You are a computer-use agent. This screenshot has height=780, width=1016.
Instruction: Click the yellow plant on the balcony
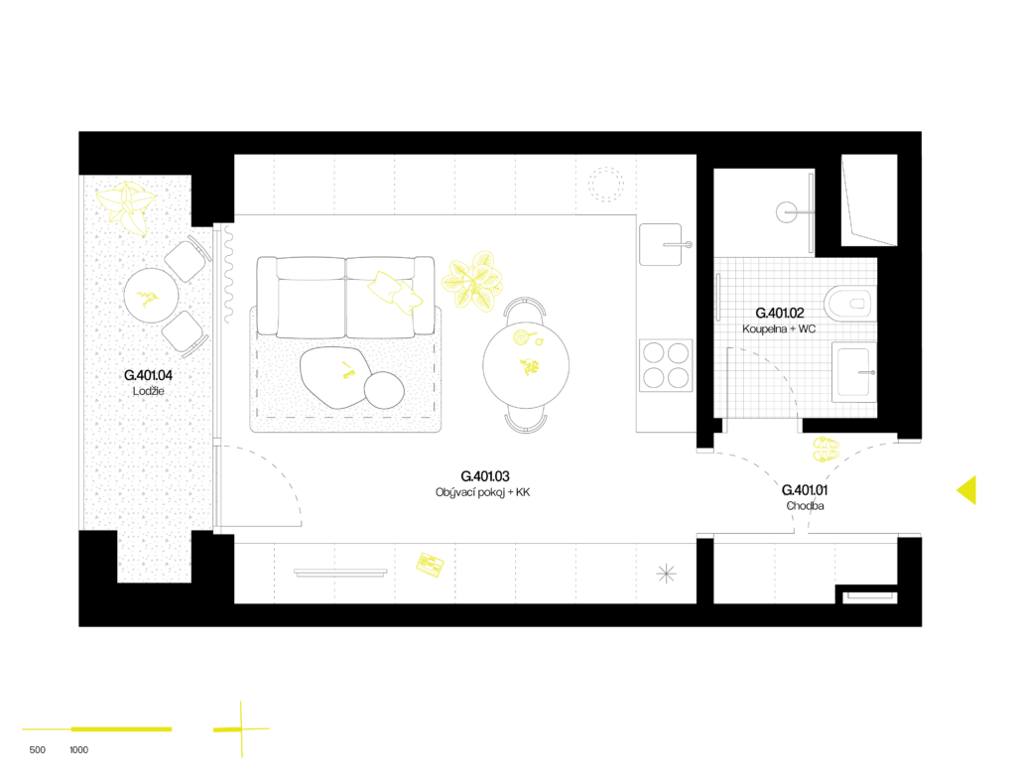127,206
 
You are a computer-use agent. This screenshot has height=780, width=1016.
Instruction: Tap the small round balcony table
151,295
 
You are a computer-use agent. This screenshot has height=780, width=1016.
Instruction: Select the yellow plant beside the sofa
473,282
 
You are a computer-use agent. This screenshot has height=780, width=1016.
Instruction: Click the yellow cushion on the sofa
395,292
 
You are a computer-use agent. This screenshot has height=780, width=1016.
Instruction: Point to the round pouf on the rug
384,390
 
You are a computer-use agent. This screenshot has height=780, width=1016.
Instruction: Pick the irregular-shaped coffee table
332,375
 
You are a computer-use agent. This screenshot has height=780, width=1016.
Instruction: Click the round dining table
526,365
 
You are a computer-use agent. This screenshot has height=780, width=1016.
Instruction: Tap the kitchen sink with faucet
662,244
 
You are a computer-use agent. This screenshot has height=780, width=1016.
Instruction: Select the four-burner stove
666,365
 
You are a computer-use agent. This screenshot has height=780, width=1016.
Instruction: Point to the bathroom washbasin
853,372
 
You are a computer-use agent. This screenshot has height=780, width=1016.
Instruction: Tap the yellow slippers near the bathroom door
825,449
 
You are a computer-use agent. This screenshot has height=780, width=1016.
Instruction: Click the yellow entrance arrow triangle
966,490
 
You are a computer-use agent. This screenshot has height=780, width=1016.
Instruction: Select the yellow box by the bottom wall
430,565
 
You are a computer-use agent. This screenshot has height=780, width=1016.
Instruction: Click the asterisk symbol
667,574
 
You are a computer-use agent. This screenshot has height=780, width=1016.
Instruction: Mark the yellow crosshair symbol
241,729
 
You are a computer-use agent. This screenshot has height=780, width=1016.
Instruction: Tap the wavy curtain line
228,274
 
